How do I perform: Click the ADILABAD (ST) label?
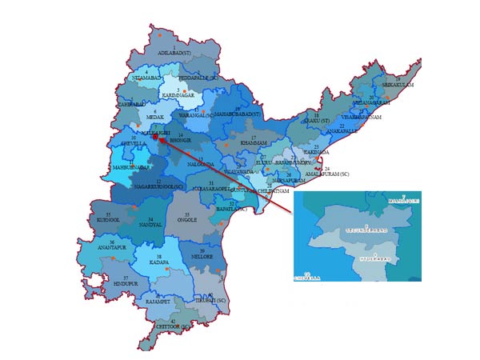click(174, 53)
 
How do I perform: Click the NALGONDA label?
click(201, 164)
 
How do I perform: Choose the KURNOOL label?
click(108, 219)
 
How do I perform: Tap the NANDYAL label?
click(150, 225)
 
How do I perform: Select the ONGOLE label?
click(187, 222)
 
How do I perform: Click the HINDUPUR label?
click(126, 283)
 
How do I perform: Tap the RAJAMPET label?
click(158, 302)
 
